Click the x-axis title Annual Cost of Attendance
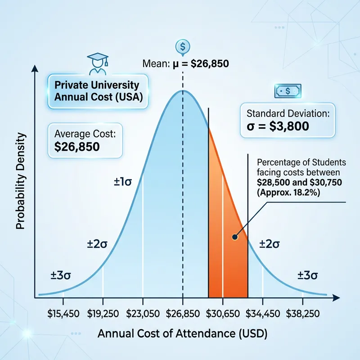point(182,334)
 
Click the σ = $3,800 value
point(276,126)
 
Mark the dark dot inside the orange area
point(234,237)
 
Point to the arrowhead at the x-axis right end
point(336,297)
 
